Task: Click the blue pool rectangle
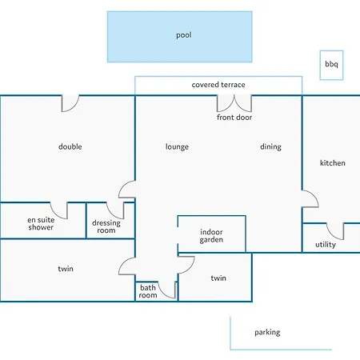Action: point(180,36)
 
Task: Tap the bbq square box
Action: point(330,64)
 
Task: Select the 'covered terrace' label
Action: point(218,85)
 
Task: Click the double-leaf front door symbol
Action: point(234,103)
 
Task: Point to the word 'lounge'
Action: point(177,147)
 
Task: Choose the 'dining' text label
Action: point(270,147)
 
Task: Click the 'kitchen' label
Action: point(333,163)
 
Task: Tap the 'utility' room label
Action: point(326,245)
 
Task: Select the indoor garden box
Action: point(211,234)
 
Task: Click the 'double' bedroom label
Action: point(70,147)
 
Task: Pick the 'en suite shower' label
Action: point(40,223)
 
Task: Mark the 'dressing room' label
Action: point(106,227)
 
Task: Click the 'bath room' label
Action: point(148,291)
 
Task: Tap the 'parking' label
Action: point(267,333)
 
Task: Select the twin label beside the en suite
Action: point(66,269)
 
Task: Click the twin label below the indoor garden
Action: point(218,278)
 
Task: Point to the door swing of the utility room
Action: point(334,231)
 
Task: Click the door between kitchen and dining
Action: point(310,198)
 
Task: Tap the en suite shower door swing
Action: point(62,209)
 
